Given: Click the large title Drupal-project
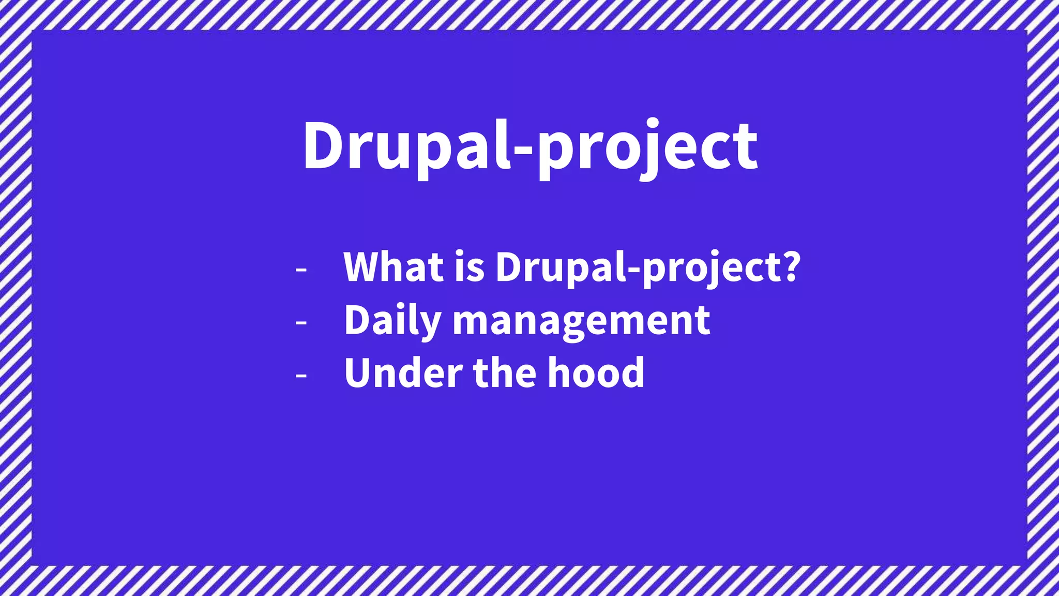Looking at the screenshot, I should pos(530,147).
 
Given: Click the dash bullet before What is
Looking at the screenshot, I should pos(301,270).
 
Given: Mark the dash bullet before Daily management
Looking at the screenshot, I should pos(301,323).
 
